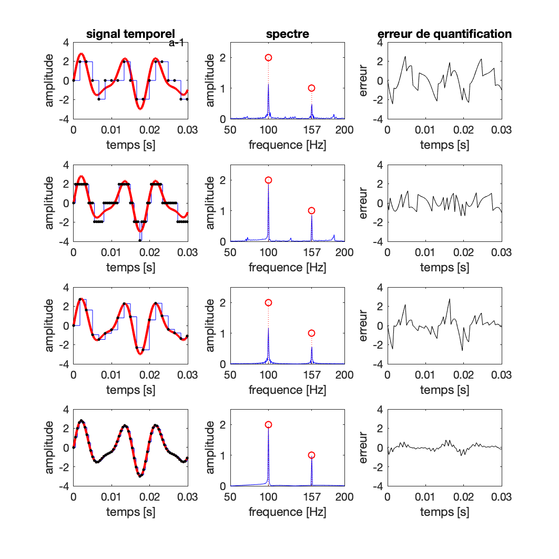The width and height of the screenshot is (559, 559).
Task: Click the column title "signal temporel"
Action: tap(130, 35)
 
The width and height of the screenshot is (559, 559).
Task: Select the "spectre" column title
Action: tap(287, 35)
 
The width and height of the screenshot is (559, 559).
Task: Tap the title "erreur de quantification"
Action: tap(444, 35)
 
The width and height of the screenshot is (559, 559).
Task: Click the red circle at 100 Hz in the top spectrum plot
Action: tap(268, 57)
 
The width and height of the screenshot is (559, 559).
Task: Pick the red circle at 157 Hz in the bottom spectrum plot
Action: tap(311, 455)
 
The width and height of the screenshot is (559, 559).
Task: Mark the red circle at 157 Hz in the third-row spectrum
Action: tap(311, 333)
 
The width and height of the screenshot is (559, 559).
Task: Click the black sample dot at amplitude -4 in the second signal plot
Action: tap(140, 241)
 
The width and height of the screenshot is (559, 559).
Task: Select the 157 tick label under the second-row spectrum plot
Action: tap(311, 252)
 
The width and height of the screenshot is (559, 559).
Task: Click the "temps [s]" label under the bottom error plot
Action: tap(444, 512)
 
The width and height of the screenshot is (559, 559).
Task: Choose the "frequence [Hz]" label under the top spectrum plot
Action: tap(287, 145)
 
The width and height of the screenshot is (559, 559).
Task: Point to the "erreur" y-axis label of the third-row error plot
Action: tap(363, 326)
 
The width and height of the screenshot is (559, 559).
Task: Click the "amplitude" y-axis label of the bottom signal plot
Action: tap(49, 448)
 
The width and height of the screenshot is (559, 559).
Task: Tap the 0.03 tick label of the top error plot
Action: tap(501, 129)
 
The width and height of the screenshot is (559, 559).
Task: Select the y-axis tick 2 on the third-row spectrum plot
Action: tap(224, 302)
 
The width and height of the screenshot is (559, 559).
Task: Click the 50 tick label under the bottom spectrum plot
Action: tap(230, 497)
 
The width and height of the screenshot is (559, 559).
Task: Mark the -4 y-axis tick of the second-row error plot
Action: tap(378, 241)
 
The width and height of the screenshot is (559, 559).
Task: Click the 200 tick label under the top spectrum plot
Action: tap(344, 129)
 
